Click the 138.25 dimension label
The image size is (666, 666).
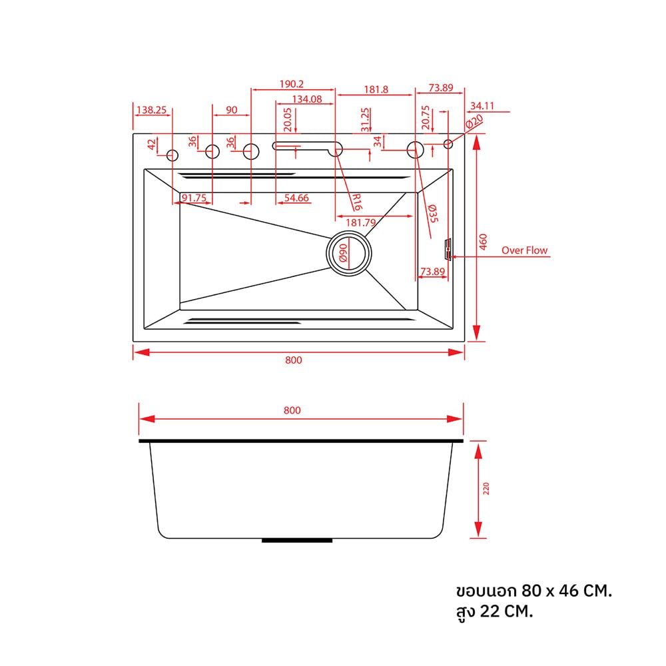tap(151, 110)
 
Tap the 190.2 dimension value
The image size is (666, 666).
tap(292, 84)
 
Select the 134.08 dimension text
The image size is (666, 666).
tap(307, 99)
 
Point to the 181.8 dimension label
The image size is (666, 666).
tap(376, 90)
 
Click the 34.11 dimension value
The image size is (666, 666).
tap(482, 105)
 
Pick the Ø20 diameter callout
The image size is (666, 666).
tap(474, 122)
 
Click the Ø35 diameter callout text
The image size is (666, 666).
tap(433, 213)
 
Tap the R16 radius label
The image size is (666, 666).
tap(357, 202)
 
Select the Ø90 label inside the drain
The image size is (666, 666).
tap(343, 252)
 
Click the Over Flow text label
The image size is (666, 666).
tap(525, 250)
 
